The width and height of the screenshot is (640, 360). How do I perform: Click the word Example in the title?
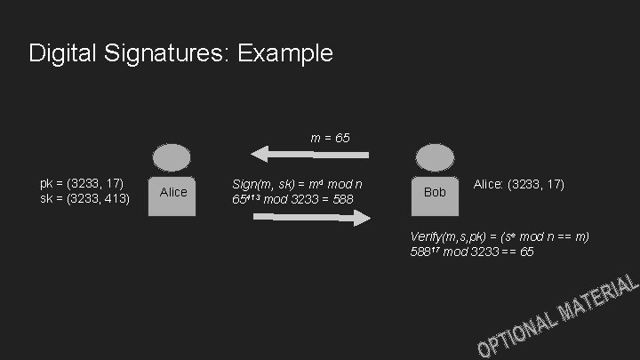coord(285,53)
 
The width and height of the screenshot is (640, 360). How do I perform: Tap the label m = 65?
coord(330,139)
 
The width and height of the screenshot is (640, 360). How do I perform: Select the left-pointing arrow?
coord(308,155)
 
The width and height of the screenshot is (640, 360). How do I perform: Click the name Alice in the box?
coord(173,192)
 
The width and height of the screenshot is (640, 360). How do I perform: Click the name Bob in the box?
coord(435,192)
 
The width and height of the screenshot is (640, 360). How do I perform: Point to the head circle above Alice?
coord(172,157)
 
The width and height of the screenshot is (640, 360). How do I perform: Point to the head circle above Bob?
coord(435,157)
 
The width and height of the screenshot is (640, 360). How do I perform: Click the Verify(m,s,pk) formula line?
coord(500,236)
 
